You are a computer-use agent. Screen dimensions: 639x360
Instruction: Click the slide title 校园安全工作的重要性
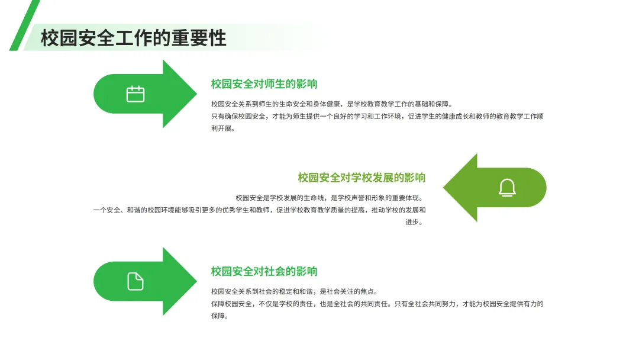tap(134, 38)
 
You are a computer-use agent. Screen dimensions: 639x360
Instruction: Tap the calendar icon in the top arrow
tap(135, 94)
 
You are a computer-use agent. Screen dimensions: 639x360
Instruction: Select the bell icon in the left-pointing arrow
tap(507, 188)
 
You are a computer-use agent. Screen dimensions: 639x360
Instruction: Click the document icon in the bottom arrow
tap(135, 281)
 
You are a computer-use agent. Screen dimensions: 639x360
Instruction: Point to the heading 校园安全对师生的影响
tap(264, 84)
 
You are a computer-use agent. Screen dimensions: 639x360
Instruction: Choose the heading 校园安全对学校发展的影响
tap(362, 178)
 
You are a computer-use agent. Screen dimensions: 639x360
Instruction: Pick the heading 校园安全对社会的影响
tap(264, 272)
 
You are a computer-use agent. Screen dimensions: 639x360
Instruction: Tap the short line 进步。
tap(414, 223)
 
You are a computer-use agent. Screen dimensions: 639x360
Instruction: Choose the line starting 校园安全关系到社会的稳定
tap(294, 291)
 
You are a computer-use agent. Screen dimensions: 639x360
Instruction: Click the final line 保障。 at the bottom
tap(220, 316)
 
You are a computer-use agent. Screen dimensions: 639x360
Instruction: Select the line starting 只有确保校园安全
tap(377, 116)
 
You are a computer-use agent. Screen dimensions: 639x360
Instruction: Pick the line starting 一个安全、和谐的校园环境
tap(259, 210)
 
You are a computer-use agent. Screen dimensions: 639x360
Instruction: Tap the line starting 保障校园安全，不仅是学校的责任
tap(377, 304)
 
